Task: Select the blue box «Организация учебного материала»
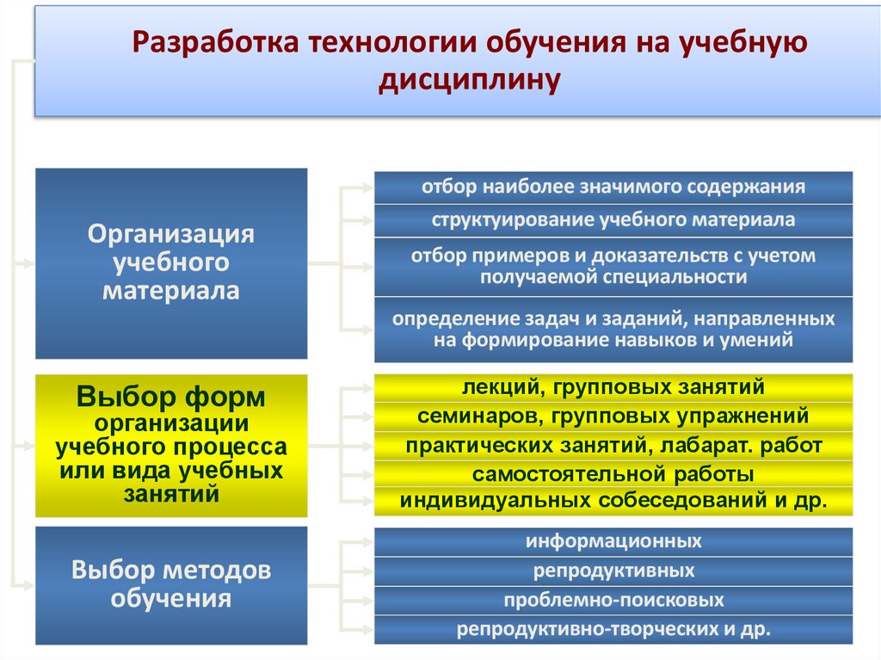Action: (171, 262)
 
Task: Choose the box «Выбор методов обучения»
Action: (171, 584)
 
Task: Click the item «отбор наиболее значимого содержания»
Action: (613, 187)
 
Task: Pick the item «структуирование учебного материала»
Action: (613, 219)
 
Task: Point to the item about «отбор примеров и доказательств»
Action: (613, 266)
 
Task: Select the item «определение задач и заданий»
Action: (613, 329)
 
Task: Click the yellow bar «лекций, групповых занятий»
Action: (613, 388)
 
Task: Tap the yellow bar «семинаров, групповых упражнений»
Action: (613, 416)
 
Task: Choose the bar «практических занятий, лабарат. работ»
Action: (613, 445)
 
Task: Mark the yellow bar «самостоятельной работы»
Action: (613, 473)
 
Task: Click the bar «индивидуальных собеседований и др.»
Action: (613, 501)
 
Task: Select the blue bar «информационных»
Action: (613, 541)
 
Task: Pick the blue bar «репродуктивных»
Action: (613, 571)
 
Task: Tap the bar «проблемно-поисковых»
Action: (613, 600)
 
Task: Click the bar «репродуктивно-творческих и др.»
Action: (613, 629)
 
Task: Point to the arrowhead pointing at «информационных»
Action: (367, 541)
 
